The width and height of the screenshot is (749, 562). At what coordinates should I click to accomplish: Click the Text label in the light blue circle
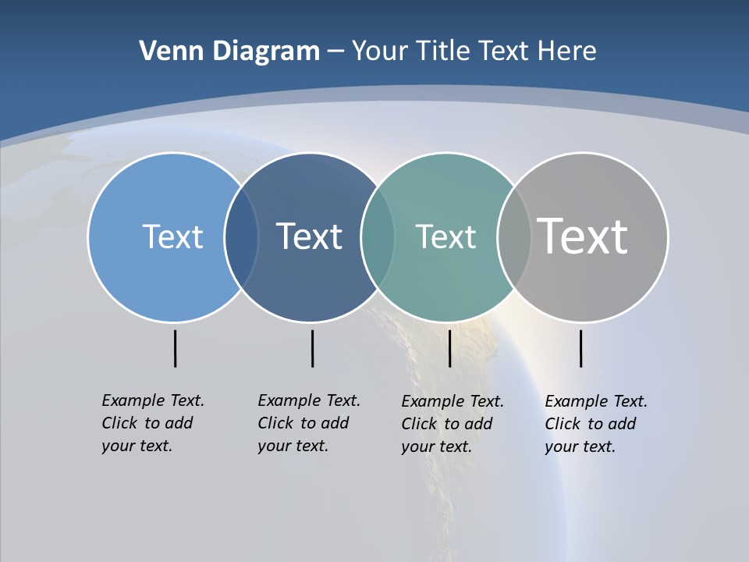pyautogui.click(x=172, y=237)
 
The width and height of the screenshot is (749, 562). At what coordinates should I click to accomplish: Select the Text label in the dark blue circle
pyautogui.click(x=309, y=237)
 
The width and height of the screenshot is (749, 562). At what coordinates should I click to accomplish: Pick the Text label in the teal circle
pyautogui.click(x=445, y=237)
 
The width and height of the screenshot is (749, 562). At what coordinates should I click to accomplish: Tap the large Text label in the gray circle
pyautogui.click(x=583, y=236)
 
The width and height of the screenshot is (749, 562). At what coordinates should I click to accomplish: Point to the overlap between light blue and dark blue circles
pyautogui.click(x=241, y=237)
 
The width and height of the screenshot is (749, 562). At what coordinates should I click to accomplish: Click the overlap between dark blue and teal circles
pyautogui.click(x=378, y=237)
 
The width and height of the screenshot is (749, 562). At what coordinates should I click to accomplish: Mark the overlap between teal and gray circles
pyautogui.click(x=514, y=237)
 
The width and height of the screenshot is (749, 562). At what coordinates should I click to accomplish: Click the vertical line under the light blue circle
pyautogui.click(x=175, y=348)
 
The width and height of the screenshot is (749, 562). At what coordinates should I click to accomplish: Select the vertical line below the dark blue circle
pyautogui.click(x=312, y=348)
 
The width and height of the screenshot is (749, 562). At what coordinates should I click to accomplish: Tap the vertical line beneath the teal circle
pyautogui.click(x=449, y=348)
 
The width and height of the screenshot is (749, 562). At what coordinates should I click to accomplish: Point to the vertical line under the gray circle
pyautogui.click(x=580, y=348)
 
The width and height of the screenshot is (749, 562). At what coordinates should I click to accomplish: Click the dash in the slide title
pyautogui.click(x=335, y=52)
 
